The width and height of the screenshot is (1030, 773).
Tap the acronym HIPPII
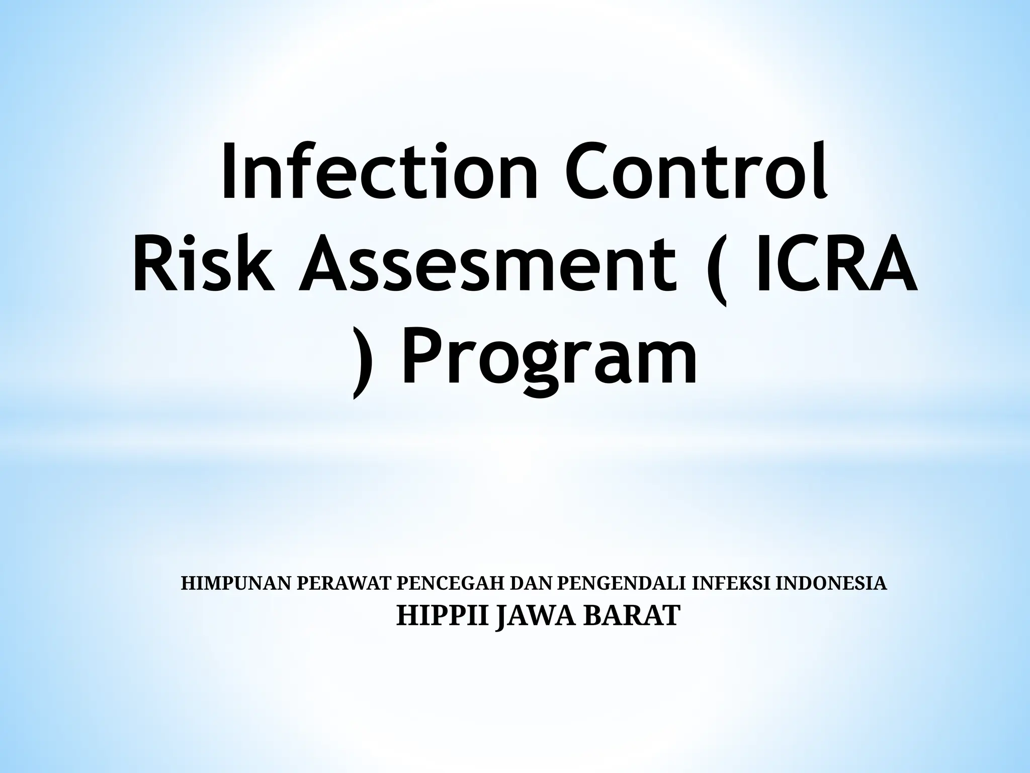(x=443, y=615)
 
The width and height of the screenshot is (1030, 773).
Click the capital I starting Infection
(x=228, y=171)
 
